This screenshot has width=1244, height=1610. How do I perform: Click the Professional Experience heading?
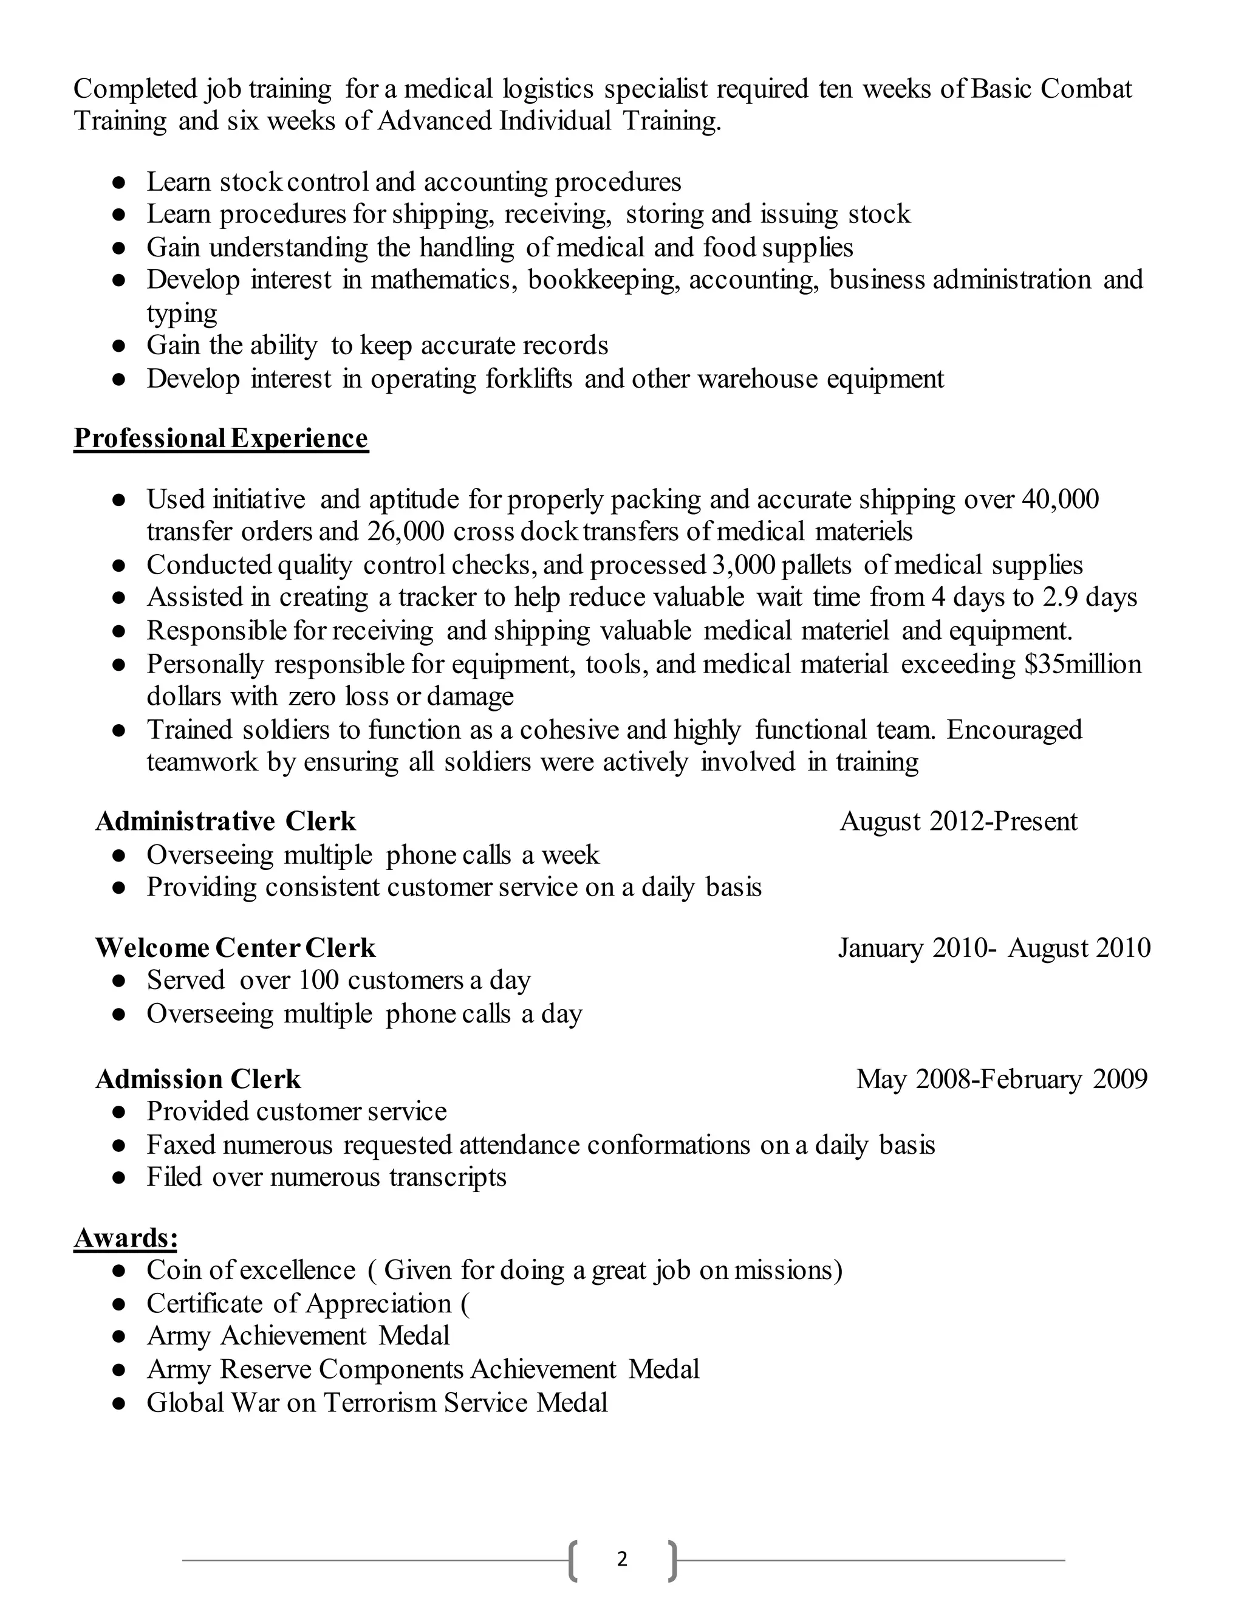click(x=220, y=438)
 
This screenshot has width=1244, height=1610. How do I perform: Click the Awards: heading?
click(x=125, y=1238)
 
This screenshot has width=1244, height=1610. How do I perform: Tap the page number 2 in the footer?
click(x=622, y=1558)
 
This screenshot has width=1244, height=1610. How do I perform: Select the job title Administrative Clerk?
click(x=225, y=821)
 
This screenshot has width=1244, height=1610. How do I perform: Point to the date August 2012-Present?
click(x=958, y=821)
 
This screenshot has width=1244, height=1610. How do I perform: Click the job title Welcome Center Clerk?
click(x=235, y=947)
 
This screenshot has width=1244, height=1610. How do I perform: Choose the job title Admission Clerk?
click(x=198, y=1079)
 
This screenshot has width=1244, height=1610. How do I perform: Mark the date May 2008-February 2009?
click(x=1002, y=1079)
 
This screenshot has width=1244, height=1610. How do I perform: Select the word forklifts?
click(x=528, y=379)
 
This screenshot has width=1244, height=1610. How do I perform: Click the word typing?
click(x=181, y=314)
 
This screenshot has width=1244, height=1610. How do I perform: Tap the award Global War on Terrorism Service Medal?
click(x=377, y=1402)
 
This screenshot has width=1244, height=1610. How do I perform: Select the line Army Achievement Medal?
click(x=298, y=1336)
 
